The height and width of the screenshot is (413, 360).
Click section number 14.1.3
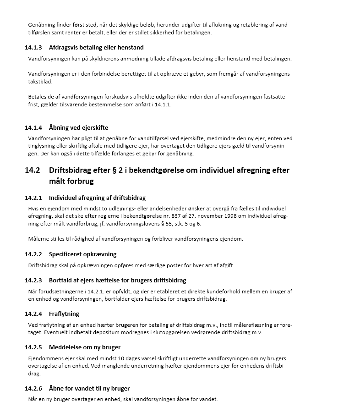click(x=33, y=47)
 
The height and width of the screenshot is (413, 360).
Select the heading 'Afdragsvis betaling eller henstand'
click(x=96, y=47)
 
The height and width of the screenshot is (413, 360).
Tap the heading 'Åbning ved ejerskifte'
click(x=78, y=127)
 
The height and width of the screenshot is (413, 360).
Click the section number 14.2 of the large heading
click(x=32, y=171)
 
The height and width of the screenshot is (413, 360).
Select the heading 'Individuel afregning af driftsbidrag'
click(x=97, y=198)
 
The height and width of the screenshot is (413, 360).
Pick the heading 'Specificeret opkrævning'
click(x=82, y=254)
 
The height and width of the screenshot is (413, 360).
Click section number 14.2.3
click(x=33, y=280)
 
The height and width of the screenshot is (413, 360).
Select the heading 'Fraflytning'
click(x=64, y=314)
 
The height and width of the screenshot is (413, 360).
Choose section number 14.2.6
click(x=33, y=388)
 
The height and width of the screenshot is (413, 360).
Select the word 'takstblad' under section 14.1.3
click(x=40, y=81)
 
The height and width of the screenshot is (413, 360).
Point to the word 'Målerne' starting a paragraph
click(x=39, y=239)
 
